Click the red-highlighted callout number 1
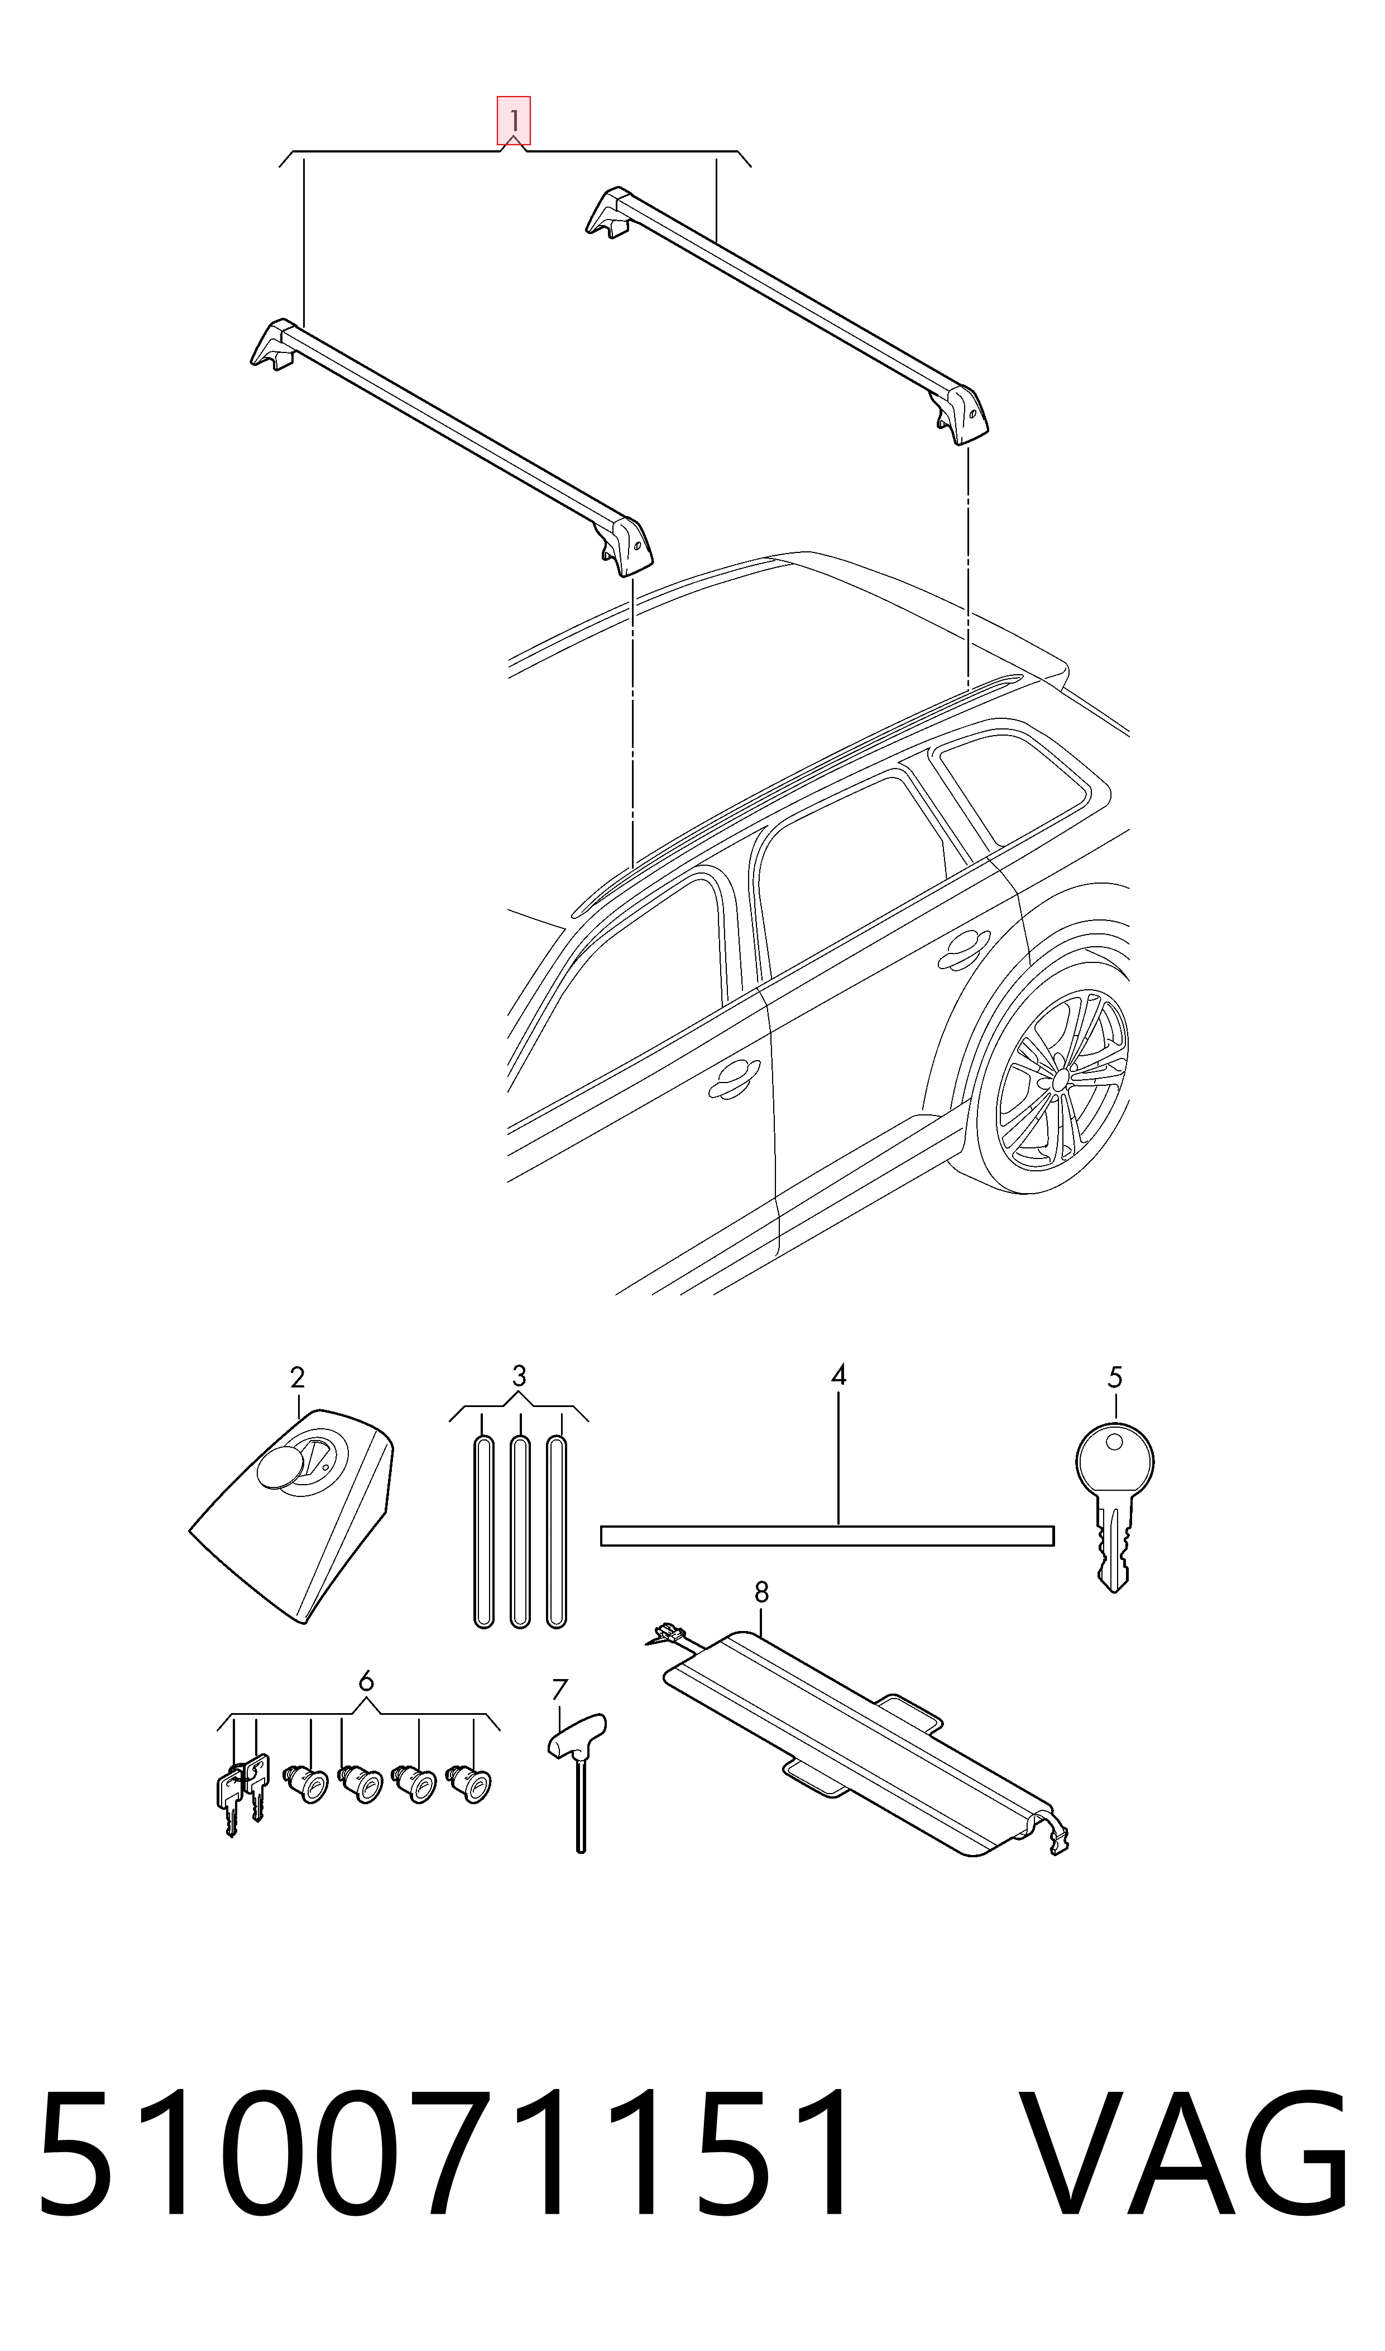click(514, 121)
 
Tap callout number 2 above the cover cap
click(297, 1377)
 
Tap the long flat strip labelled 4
click(827, 1536)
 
